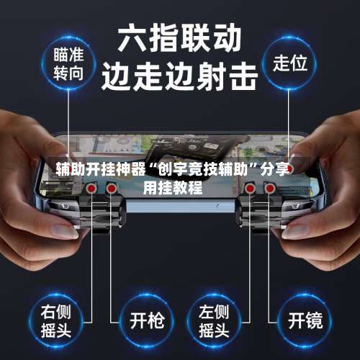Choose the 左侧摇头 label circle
coord(214,321)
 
